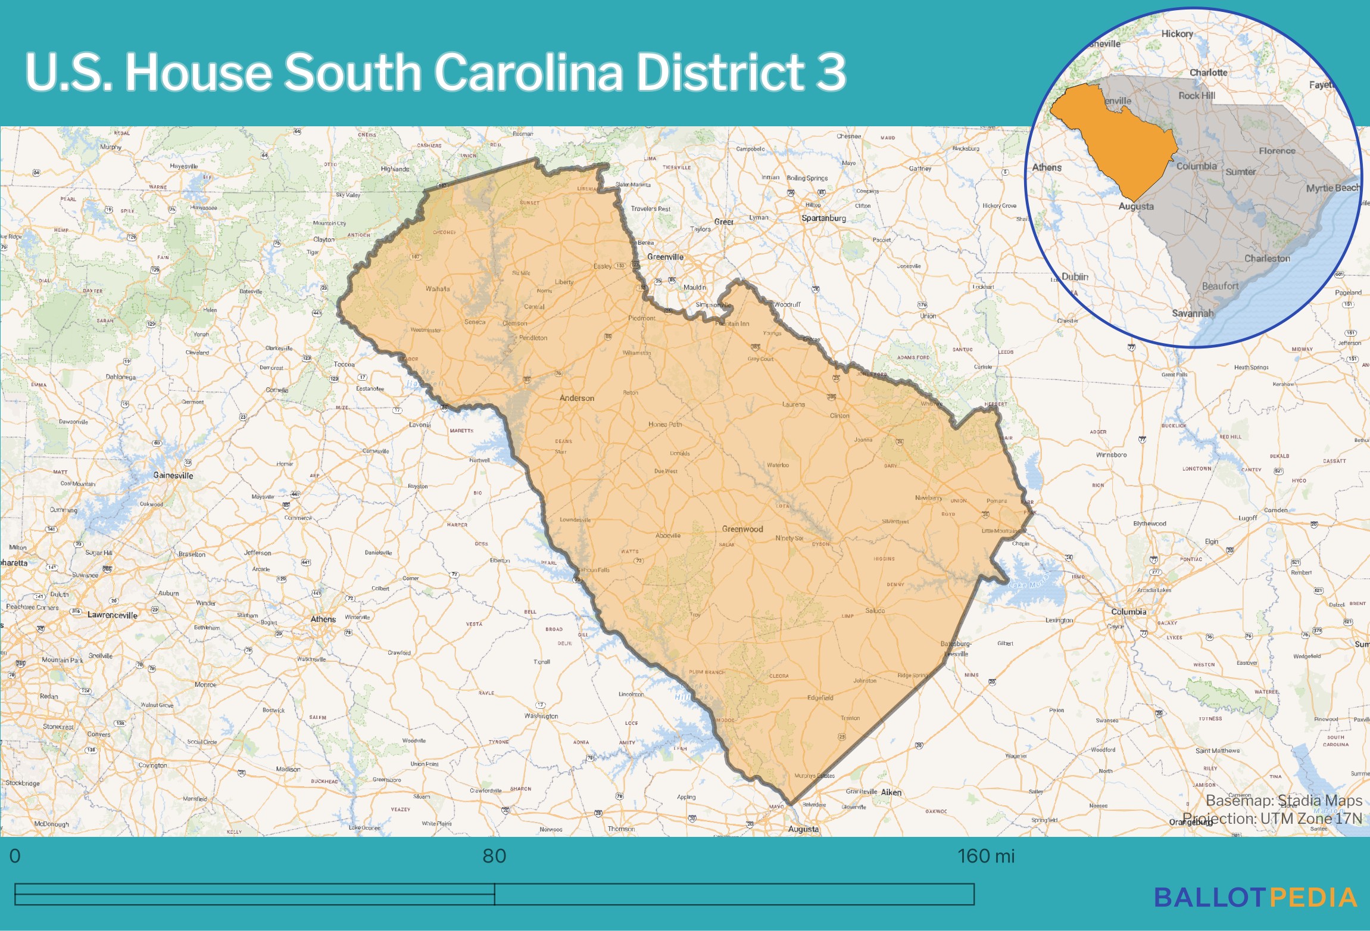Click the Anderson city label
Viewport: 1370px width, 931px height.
576,398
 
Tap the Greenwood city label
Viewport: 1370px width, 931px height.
742,529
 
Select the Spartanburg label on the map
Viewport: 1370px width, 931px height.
823,218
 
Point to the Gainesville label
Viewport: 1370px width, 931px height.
173,475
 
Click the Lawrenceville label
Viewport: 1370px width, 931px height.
112,615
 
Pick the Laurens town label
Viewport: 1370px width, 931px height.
793,404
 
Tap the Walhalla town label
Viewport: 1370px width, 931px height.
438,289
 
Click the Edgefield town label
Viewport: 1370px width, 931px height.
820,698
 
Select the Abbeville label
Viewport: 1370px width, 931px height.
667,535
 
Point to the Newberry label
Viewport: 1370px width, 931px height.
928,497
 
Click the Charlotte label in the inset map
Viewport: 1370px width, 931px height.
1208,73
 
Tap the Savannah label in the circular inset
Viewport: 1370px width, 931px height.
1192,313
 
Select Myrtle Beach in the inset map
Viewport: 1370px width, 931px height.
1332,188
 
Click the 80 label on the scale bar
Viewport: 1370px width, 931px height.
494,856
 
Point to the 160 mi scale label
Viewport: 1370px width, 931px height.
985,856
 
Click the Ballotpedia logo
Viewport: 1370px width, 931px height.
1255,898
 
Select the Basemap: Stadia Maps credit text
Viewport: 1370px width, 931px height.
1284,801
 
